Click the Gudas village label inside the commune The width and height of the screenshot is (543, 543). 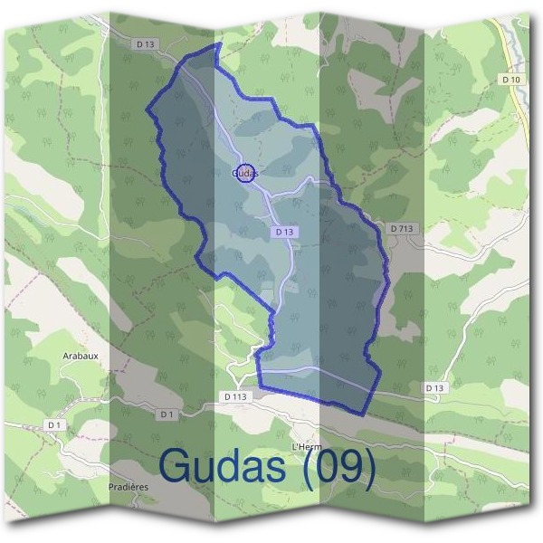pos(245,172)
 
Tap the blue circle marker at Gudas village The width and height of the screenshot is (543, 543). pos(244,172)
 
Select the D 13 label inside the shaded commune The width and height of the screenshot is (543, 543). pos(283,232)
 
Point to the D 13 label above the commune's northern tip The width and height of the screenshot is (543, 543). pos(145,43)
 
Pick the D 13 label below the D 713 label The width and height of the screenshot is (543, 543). pos(435,387)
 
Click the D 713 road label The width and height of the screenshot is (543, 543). pos(402,229)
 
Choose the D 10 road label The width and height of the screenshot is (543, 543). pos(512,81)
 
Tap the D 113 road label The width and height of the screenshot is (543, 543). pos(234,396)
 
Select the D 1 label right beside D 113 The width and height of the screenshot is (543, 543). pos(167,414)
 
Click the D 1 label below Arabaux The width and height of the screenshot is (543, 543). pos(54,424)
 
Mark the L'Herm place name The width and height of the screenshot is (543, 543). pos(308,447)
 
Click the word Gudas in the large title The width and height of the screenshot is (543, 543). pos(226,466)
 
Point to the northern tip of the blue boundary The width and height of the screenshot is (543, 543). pos(218,43)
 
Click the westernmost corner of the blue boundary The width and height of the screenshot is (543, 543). pos(147,110)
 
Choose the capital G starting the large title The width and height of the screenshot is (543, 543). pos(174,466)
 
